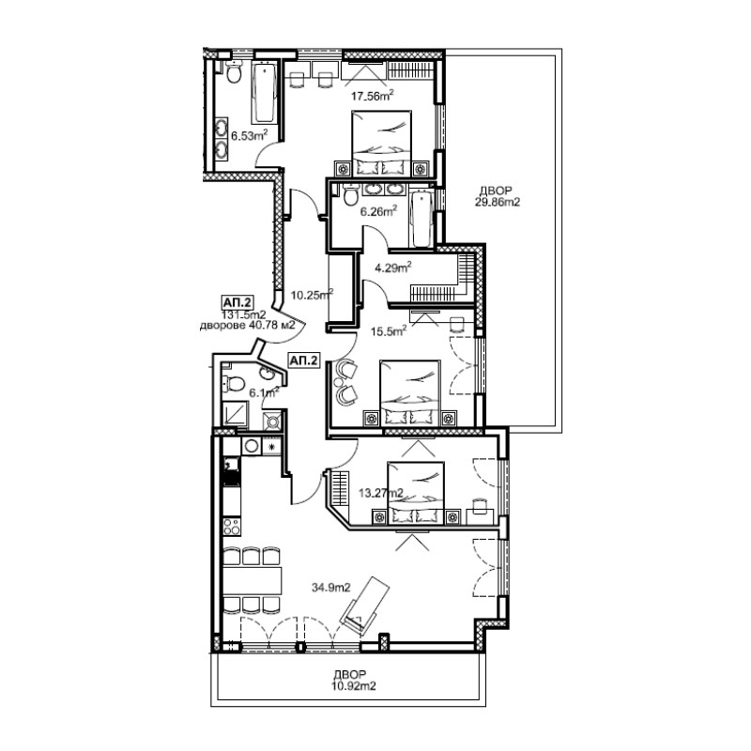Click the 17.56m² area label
372,97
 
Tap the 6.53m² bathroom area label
249,135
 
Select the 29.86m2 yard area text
498,202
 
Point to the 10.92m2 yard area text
353,686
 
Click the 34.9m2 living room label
331,588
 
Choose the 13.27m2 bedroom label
381,493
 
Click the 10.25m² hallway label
312,295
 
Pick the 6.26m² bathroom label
379,211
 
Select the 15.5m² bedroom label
389,330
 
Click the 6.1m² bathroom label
264,392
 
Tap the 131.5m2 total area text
243,314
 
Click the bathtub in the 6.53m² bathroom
264,92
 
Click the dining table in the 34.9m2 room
253,580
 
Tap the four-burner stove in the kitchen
232,527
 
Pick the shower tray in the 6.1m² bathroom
236,414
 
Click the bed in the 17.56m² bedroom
382,144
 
